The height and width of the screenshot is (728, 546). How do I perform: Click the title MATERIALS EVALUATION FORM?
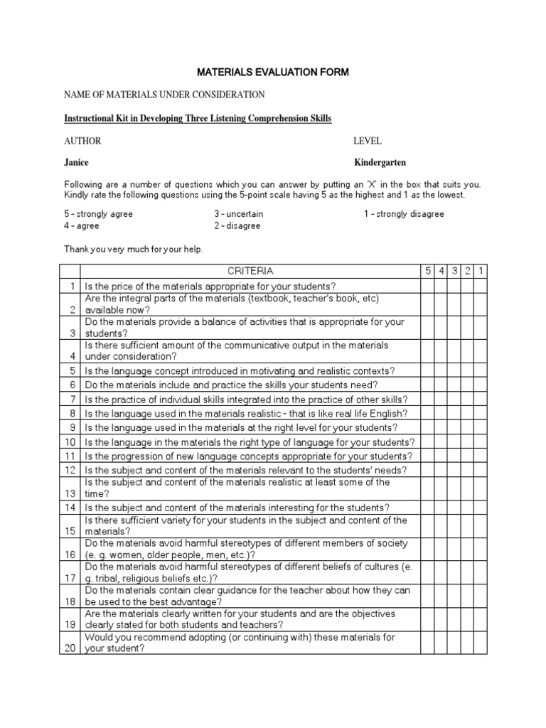pyautogui.click(x=272, y=73)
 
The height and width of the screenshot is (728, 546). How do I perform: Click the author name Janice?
pyautogui.click(x=77, y=163)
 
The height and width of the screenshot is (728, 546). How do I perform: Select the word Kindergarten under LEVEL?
pyautogui.click(x=380, y=163)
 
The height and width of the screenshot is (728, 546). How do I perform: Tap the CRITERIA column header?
pyautogui.click(x=250, y=271)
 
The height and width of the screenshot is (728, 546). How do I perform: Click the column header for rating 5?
pyautogui.click(x=427, y=271)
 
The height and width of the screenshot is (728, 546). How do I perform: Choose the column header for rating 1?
pyautogui.click(x=481, y=271)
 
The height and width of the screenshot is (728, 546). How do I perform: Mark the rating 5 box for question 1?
pyautogui.click(x=427, y=286)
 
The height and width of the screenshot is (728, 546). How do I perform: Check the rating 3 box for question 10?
pyautogui.click(x=454, y=442)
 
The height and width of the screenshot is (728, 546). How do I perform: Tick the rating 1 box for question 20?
pyautogui.click(x=481, y=643)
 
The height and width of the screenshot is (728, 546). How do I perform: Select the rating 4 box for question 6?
pyautogui.click(x=441, y=385)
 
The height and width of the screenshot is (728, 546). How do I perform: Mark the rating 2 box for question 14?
pyautogui.click(x=468, y=508)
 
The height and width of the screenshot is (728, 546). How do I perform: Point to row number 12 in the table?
pyautogui.click(x=70, y=471)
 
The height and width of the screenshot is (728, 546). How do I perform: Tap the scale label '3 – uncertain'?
pyautogui.click(x=238, y=214)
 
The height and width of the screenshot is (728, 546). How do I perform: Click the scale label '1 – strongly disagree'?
pyautogui.click(x=403, y=214)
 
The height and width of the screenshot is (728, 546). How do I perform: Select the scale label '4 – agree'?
pyautogui.click(x=82, y=226)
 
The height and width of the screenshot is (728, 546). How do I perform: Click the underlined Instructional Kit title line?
pyautogui.click(x=198, y=118)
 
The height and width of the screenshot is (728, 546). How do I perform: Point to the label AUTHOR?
pyautogui.click(x=82, y=141)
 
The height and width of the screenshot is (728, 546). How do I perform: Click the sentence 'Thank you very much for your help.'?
pyautogui.click(x=133, y=249)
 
